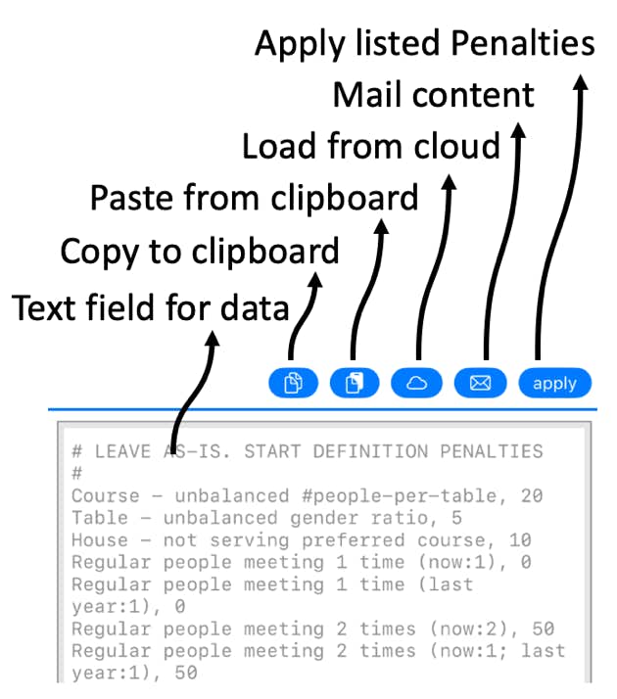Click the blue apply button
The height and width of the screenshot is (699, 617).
pos(554,383)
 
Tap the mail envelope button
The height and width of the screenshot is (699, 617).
pos(480,383)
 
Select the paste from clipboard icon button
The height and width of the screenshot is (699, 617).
pos(355,383)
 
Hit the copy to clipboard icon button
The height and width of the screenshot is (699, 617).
pos(293,383)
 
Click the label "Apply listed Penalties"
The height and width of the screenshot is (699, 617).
pos(425,45)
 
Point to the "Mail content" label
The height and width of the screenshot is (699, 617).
pos(433,95)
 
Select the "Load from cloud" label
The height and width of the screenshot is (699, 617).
pos(371,146)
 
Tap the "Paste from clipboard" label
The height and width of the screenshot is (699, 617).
pos(254,198)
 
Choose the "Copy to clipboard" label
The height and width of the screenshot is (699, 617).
pos(200,252)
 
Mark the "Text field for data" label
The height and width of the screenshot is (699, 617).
pos(150,307)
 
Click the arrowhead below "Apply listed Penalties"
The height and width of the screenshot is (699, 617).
pos(580,83)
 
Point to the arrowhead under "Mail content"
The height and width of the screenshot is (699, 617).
pos(517,131)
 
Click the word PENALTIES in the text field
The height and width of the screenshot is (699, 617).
pos(492,451)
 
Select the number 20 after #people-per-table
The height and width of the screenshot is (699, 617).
pos(532,495)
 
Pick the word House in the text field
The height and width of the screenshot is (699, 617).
pos(100,540)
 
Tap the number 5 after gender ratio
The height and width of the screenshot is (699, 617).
pos(456,518)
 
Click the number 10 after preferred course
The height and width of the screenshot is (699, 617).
pos(520,540)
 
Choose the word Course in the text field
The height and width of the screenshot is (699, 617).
pos(105,495)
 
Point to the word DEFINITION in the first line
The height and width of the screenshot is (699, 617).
pos(370,451)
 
